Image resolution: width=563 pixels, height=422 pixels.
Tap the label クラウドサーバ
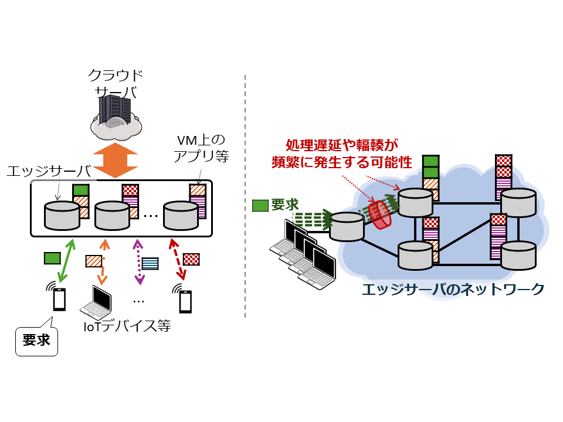pyautogui.click(x=116, y=84)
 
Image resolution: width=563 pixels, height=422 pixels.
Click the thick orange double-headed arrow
pyautogui.click(x=116, y=159)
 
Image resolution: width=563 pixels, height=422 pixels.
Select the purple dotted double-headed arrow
pyautogui.click(x=139, y=261)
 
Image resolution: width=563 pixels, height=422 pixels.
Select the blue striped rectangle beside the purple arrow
pyautogui.click(x=151, y=264)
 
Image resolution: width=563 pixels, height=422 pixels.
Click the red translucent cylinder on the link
pyautogui.click(x=380, y=215)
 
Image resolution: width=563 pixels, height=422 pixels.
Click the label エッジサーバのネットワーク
pyautogui.click(x=453, y=290)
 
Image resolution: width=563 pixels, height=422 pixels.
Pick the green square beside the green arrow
pyautogui.click(x=52, y=258)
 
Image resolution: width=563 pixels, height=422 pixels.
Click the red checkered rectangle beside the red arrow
pyautogui.click(x=192, y=258)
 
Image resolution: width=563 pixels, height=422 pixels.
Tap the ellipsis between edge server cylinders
pyautogui.click(x=151, y=216)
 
